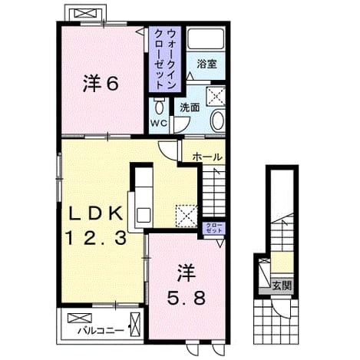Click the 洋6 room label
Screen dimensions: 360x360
[101, 84]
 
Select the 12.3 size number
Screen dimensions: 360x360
[96, 238]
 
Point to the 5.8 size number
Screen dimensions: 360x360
[186, 298]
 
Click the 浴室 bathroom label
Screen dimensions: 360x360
[206, 64]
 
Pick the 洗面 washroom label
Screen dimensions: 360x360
[190, 107]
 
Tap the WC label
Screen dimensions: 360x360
[159, 124]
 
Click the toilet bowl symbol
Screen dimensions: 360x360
[159, 106]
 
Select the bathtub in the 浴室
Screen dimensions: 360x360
[206, 39]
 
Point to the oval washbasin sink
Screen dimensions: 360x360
[218, 121]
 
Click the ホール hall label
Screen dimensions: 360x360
[206, 157]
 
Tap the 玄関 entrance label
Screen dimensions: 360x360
[282, 286]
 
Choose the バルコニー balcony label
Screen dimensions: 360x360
[101, 331]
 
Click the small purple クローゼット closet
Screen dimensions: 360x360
[215, 228]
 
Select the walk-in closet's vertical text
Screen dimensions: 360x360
[165, 59]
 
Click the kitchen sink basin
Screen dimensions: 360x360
[144, 216]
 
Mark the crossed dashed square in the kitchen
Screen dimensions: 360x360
[187, 216]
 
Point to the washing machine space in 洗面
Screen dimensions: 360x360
[216, 96]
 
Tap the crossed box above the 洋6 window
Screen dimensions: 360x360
[86, 13]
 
